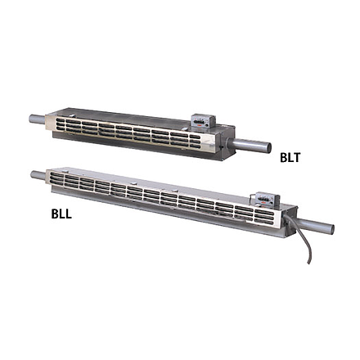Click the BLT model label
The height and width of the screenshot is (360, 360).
290,158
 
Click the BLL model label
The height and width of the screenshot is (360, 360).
61,214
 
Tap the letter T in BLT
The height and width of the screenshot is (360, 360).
296,158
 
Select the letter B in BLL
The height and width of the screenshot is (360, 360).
55,214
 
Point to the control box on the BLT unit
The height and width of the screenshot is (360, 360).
204,120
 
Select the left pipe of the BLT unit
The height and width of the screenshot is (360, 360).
37,119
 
